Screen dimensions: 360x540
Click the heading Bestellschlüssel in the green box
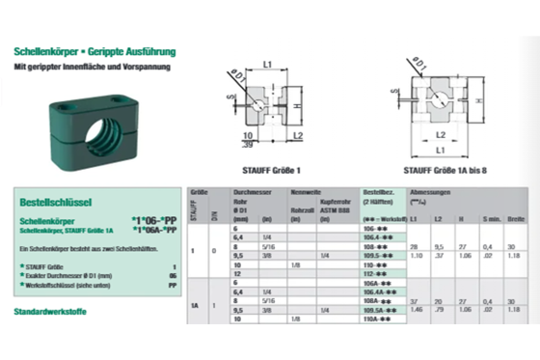click(54, 204)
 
